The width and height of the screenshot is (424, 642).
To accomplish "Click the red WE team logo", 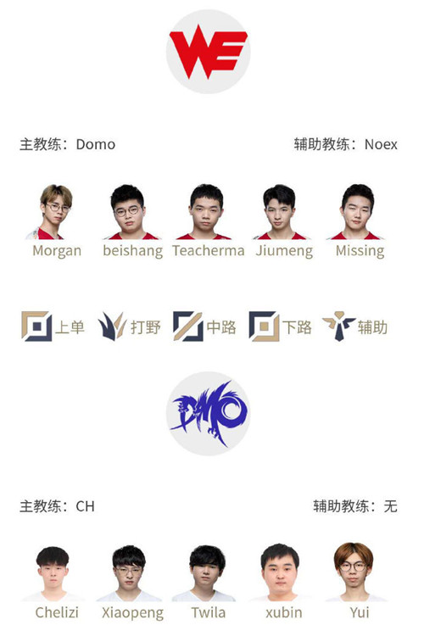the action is pos(208,52).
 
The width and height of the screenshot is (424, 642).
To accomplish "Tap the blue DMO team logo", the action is pos(208,414).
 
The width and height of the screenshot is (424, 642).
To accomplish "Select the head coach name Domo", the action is pos(96,144).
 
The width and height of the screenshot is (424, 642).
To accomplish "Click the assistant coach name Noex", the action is pos(381,144).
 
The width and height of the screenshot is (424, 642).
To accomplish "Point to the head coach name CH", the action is pos(85,506).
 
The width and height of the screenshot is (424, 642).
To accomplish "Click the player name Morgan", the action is pos(57,250).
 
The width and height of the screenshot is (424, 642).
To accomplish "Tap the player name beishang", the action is pos(132,250).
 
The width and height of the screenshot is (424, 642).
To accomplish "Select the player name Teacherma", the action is pos(209,250).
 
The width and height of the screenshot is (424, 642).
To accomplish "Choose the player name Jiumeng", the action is pos(284,250).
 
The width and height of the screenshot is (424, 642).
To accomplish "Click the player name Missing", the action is pos(360,250).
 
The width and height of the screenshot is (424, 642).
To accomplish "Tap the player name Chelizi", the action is pos(57,612).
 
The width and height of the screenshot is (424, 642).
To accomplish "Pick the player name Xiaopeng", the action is pos(132,613).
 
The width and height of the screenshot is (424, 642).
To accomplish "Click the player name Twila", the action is pos(209,612).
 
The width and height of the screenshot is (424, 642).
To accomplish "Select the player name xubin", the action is pos(284,612).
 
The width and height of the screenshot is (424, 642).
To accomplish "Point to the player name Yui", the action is pos(360,612).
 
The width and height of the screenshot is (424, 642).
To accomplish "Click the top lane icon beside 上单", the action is pos(36,327).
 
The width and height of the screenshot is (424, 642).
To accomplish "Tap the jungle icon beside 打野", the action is pos(112,327).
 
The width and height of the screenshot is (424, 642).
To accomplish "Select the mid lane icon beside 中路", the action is pos(188,327).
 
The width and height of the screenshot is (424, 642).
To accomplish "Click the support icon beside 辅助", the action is pos(339,327).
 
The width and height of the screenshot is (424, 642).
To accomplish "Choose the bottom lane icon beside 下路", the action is pos(264,327).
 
